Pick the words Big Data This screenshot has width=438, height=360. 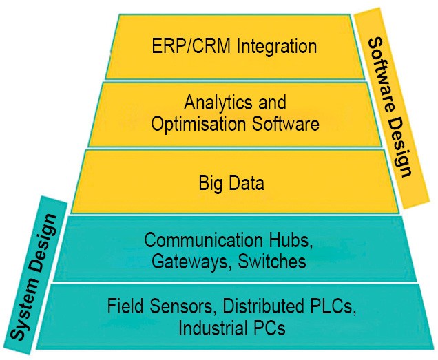point(231,184)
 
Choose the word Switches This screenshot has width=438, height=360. point(274,262)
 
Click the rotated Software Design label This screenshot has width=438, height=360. point(391,108)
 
